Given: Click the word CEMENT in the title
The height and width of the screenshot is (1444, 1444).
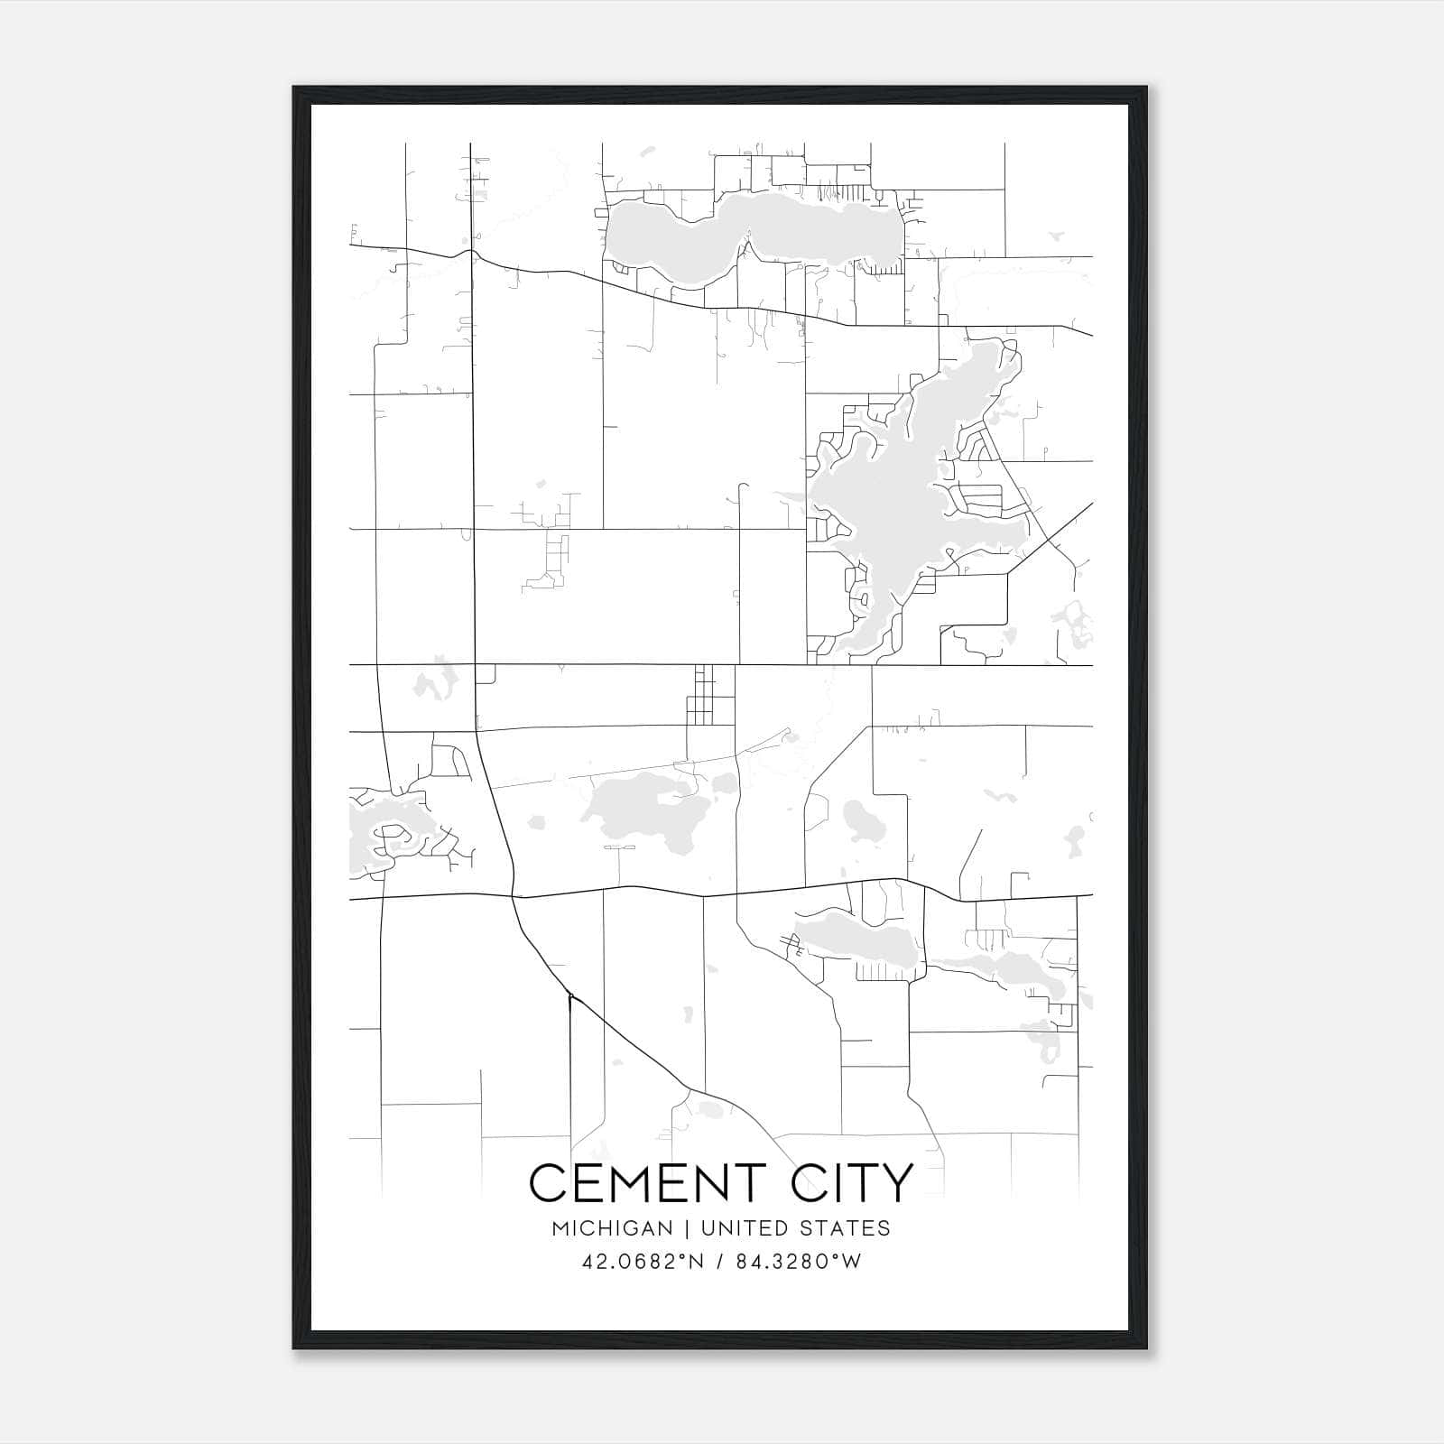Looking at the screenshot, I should pos(648,1182).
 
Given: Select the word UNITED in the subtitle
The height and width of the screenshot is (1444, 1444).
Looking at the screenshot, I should pos(741,1228).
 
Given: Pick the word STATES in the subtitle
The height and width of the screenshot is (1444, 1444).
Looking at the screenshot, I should pos(846,1228).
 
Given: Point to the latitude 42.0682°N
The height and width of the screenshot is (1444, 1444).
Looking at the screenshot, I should pos(643,1262).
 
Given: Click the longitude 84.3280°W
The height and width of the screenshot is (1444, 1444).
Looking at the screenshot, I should pos(799,1262).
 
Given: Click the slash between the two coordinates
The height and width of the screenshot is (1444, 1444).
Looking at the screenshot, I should pos(720,1262).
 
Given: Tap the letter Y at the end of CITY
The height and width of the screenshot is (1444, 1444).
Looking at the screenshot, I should pos(897,1182).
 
